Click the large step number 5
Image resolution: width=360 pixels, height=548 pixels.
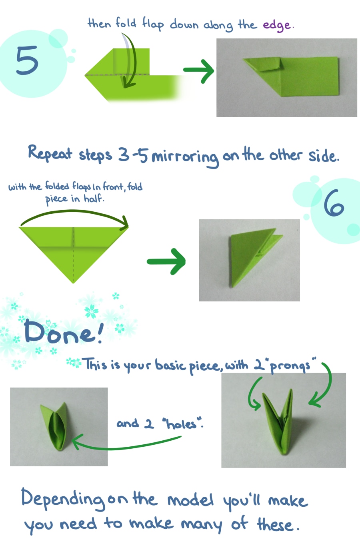pyautogui.click(x=27, y=60)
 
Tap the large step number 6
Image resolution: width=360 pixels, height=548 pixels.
pyautogui.click(x=334, y=203)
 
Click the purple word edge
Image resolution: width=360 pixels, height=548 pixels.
pyautogui.click(x=277, y=26)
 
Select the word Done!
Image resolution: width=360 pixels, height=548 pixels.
pyautogui.click(x=64, y=332)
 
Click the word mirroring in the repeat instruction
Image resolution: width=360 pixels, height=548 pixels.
pyautogui.click(x=185, y=158)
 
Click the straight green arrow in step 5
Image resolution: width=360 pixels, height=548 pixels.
pyautogui.click(x=198, y=71)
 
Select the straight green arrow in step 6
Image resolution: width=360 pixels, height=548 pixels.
pyautogui.click(x=166, y=261)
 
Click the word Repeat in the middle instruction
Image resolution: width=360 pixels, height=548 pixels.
pyautogui.click(x=50, y=153)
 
